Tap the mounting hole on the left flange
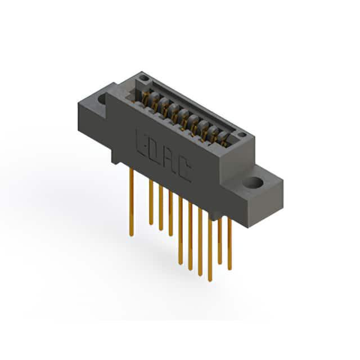(x=102, y=98)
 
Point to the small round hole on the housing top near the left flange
(x=144, y=78)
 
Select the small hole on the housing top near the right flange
(x=241, y=134)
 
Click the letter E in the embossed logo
(x=141, y=143)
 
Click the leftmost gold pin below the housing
(x=132, y=201)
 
